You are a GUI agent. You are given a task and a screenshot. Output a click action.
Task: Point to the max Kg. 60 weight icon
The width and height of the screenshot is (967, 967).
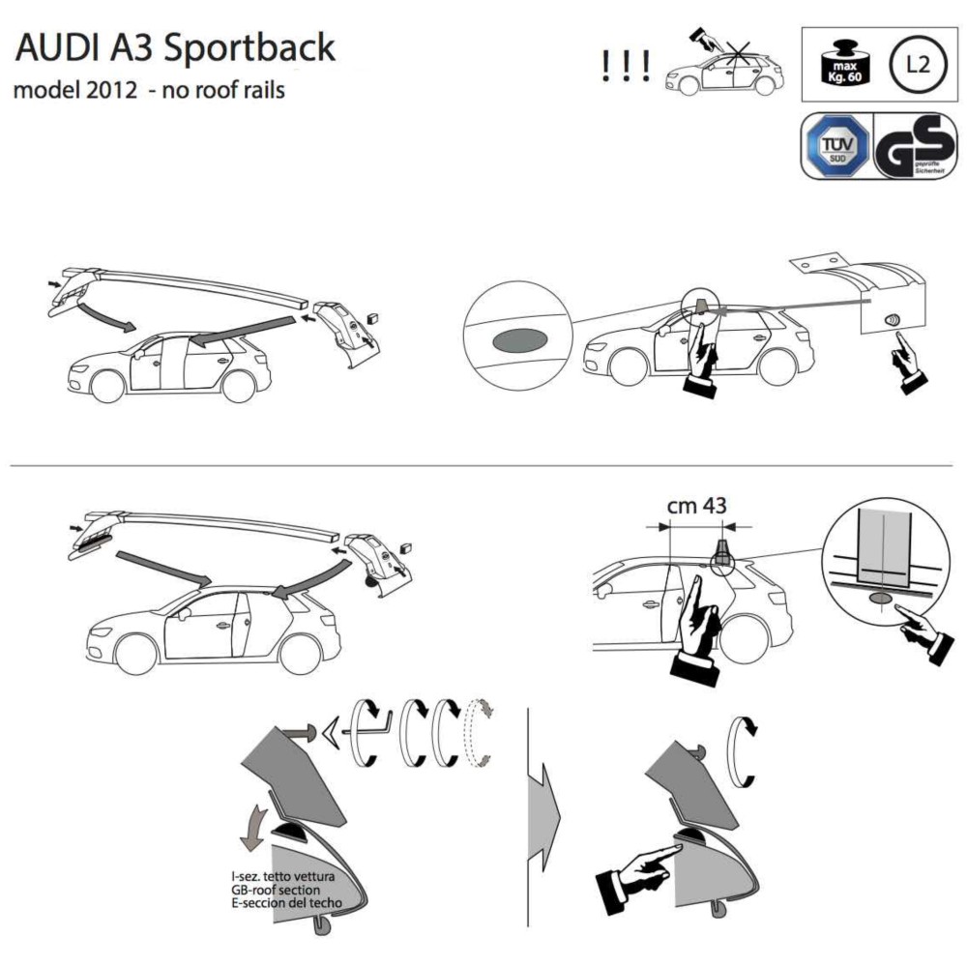[x=841, y=63]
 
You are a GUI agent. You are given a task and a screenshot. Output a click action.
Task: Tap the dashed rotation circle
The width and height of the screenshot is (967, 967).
[x=480, y=734]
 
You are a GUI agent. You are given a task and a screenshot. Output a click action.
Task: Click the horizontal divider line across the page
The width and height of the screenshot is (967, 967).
[x=483, y=466]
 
